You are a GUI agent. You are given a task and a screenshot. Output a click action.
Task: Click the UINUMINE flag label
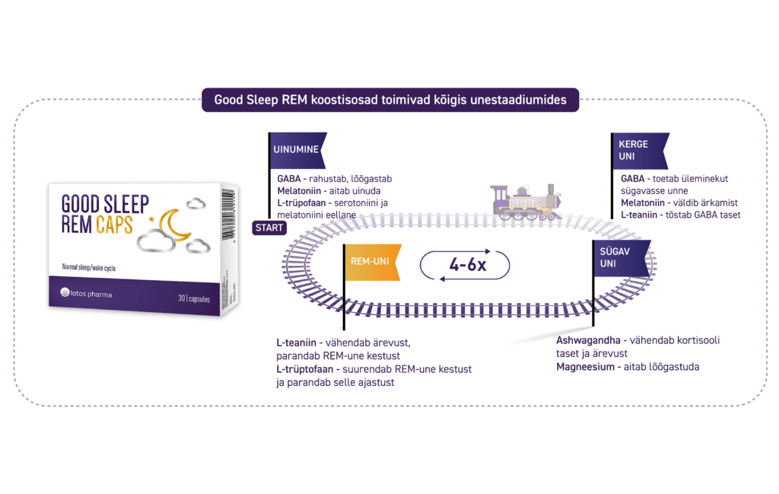point(297,149)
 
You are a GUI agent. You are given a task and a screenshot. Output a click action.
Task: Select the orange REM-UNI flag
point(371,261)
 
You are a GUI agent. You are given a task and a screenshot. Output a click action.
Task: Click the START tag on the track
point(269,227)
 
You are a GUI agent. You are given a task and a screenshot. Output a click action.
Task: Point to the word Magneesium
point(585,366)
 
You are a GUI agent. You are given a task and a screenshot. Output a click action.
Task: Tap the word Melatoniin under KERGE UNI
point(641,202)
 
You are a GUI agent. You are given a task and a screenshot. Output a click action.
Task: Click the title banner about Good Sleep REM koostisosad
point(389,100)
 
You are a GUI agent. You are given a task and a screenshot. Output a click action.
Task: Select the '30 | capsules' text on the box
point(194,298)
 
